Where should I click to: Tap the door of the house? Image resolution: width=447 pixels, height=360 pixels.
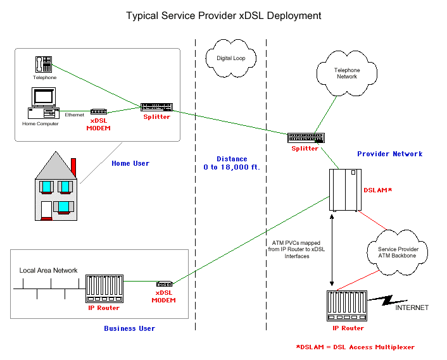click(x=46, y=210)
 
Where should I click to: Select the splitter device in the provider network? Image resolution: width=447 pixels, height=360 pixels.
click(x=306, y=137)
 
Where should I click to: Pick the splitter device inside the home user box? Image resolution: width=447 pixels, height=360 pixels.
click(x=155, y=106)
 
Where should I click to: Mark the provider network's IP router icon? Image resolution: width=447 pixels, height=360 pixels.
click(x=348, y=306)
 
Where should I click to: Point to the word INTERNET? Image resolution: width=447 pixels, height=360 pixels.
click(x=412, y=308)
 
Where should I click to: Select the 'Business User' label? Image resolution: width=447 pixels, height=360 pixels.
click(x=129, y=328)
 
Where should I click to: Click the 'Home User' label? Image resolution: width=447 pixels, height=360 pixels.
click(x=130, y=163)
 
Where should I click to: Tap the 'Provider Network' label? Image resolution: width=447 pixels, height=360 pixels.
click(x=389, y=154)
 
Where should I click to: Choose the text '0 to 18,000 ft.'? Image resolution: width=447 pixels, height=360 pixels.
click(x=232, y=168)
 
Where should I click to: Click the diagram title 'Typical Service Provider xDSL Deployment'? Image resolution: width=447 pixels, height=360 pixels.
click(x=223, y=15)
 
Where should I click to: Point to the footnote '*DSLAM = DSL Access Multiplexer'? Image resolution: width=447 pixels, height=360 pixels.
click(x=355, y=347)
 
